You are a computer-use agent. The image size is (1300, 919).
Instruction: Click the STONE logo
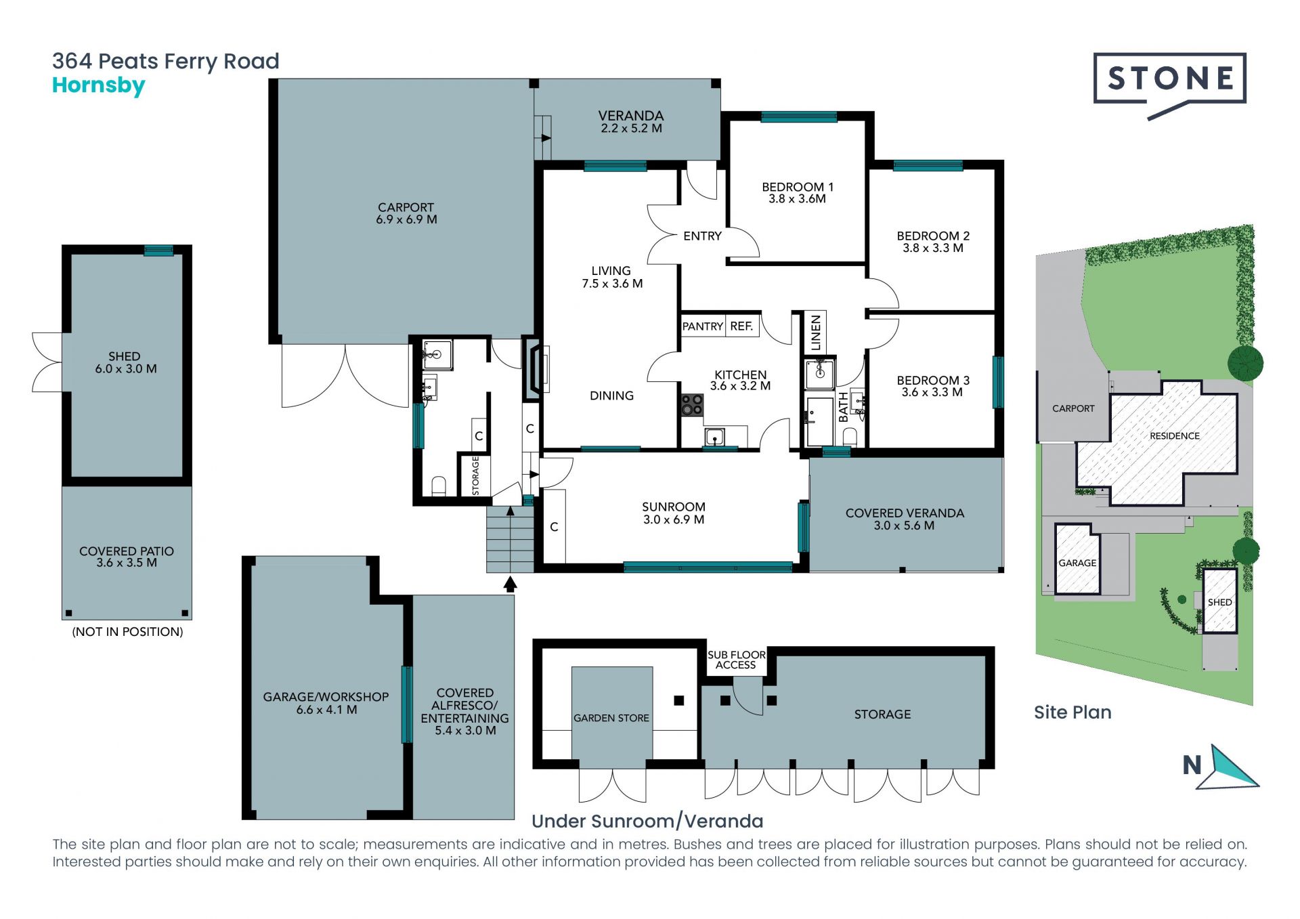[x=1169, y=85]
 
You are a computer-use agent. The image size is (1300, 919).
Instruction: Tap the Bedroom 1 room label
[x=797, y=192]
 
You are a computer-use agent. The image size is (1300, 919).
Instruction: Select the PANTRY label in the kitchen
[x=702, y=326]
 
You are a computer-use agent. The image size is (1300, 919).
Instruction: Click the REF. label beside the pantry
[x=741, y=326]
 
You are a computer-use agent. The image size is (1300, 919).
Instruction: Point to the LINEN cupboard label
[x=816, y=333]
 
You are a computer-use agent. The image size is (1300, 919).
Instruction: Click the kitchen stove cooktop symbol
[x=692, y=405]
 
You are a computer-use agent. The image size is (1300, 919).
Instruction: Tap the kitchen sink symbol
[x=715, y=437]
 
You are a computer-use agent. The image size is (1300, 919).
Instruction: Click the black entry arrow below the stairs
[x=511, y=584]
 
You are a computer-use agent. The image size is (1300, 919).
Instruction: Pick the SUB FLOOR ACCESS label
[x=736, y=660]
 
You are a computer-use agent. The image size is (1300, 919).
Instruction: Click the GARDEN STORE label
[x=611, y=718]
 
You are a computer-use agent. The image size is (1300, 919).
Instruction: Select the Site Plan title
[x=1072, y=712]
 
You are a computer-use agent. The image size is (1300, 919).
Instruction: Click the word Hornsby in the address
[x=99, y=86]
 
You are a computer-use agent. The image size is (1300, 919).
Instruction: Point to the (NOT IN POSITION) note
[x=127, y=632]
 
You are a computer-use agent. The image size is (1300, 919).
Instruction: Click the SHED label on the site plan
[x=1219, y=602]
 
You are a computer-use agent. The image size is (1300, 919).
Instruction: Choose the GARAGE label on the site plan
[x=1077, y=563]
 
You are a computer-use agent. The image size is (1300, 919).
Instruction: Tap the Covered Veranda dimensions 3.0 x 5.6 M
[x=904, y=526]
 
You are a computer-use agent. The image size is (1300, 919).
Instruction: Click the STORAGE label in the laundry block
[x=475, y=475]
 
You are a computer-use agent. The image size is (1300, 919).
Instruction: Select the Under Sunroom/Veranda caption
[x=647, y=821]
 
